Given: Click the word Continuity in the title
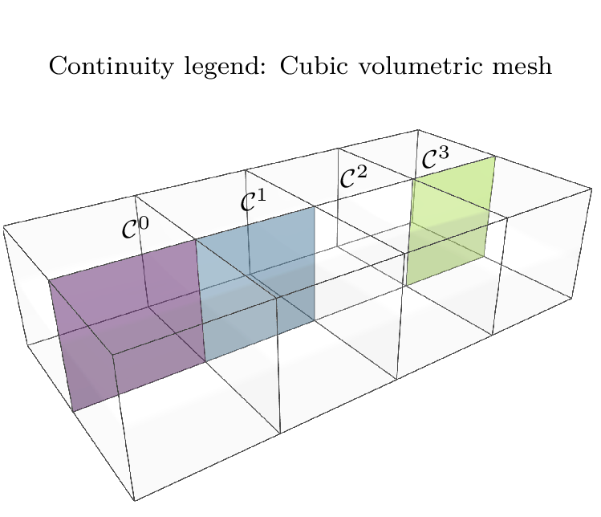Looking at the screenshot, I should point(103,66).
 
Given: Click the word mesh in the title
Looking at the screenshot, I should point(523,66).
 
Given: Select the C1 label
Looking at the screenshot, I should point(253,201).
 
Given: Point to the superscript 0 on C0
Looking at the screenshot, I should point(144,222).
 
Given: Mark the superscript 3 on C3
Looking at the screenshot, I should point(444,153).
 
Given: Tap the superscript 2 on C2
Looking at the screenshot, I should point(361,171).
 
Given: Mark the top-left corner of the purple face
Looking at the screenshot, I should point(50,280).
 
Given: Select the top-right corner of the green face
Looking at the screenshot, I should point(494,157).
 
